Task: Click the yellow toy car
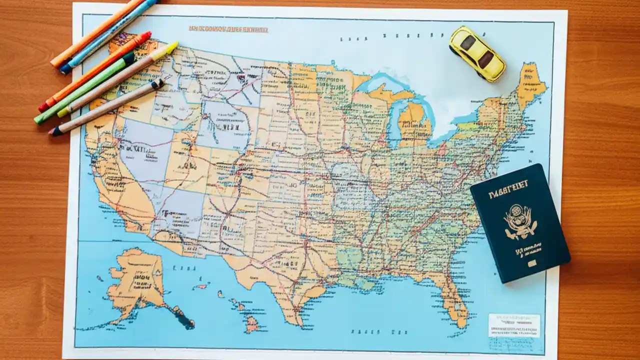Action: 477,53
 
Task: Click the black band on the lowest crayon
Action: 157,84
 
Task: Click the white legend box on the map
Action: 514,325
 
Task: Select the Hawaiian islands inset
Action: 240,310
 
